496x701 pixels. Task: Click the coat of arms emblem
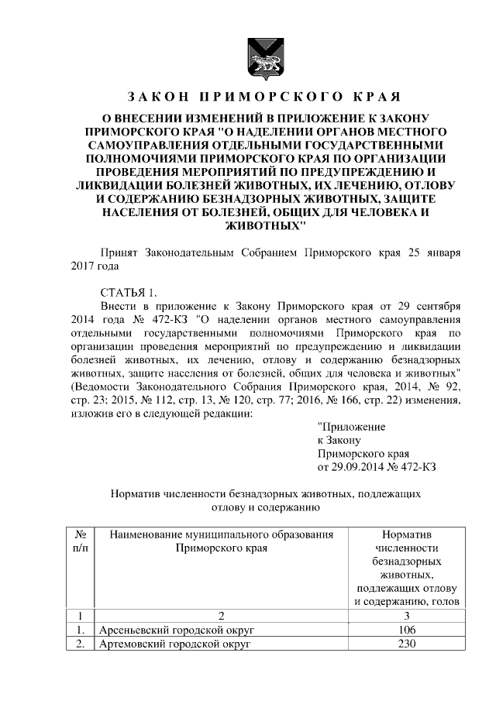click(x=262, y=59)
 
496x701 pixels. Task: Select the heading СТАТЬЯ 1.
click(x=128, y=292)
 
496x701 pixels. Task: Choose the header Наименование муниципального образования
click(x=221, y=534)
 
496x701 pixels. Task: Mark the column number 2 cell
click(x=221, y=616)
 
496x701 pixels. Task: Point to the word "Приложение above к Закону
click(x=352, y=426)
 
